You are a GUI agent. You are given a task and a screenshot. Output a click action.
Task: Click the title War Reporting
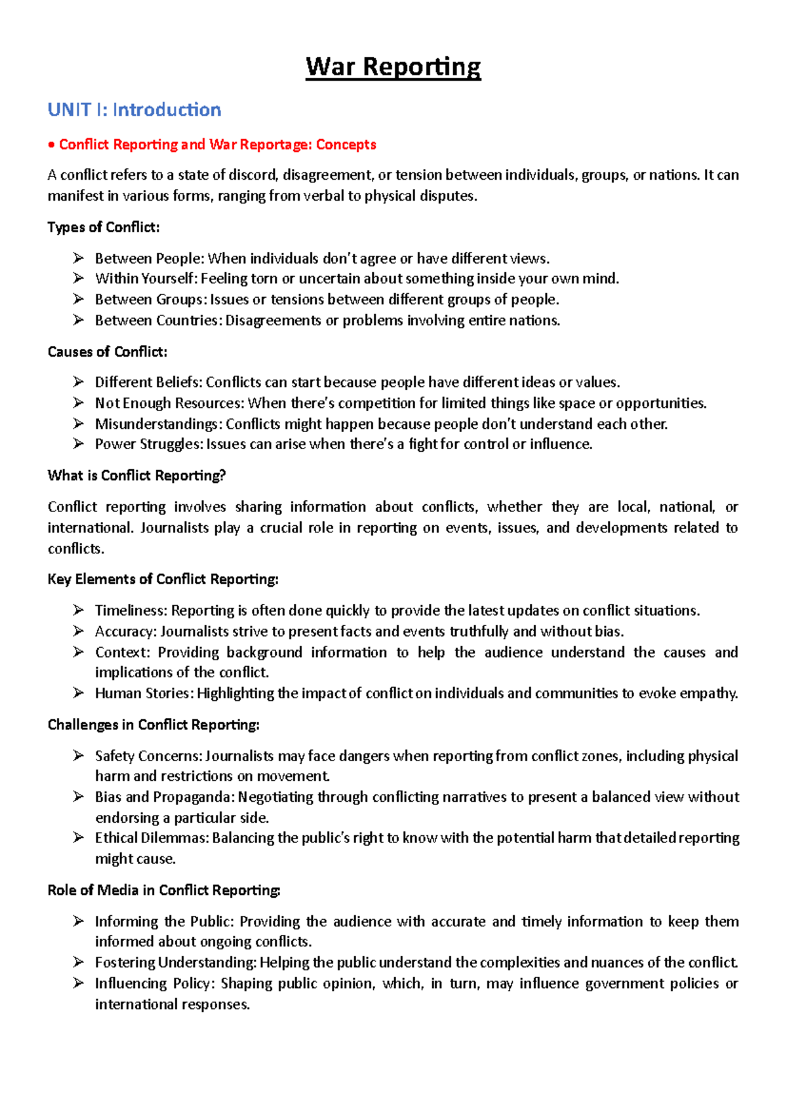[393, 67]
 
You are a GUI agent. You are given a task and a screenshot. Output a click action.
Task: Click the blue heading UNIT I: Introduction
[134, 109]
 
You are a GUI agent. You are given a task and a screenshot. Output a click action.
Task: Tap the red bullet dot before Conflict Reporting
[52, 145]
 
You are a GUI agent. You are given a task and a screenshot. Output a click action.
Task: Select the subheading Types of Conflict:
[104, 227]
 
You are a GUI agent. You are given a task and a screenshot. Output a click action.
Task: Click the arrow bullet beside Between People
[79, 258]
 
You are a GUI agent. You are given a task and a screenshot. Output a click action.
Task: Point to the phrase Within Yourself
[145, 279]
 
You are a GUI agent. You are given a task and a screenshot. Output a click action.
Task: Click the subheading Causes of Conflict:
[108, 351]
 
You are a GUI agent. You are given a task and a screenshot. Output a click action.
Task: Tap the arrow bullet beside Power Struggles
[79, 444]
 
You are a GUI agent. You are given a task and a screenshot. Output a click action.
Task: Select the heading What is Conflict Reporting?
[136, 475]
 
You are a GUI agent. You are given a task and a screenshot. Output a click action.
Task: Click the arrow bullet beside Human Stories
[79, 693]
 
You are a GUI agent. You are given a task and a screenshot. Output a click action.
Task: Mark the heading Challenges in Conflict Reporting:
[153, 725]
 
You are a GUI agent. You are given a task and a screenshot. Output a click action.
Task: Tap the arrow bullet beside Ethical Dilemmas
[79, 838]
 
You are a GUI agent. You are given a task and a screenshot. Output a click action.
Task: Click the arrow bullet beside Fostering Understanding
[79, 963]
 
